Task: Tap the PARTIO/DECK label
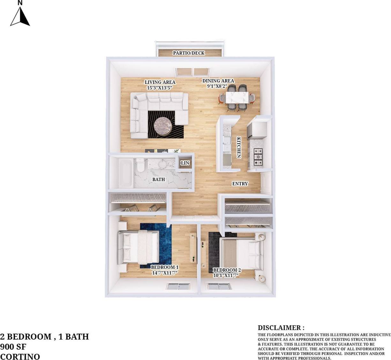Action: (x=189, y=53)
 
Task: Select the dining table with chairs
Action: (x=237, y=98)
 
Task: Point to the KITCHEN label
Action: (x=238, y=147)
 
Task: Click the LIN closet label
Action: (x=185, y=163)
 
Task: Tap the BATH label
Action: (x=159, y=180)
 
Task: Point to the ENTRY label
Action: (x=240, y=184)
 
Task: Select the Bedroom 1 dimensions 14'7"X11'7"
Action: (x=165, y=273)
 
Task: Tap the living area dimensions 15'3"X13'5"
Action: (x=160, y=88)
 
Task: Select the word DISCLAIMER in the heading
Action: (x=279, y=328)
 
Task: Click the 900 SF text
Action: (x=13, y=347)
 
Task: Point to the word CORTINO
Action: (x=20, y=356)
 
